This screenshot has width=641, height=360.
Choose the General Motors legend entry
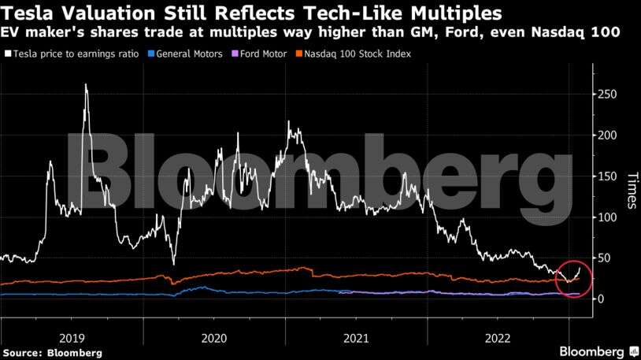tap(189, 54)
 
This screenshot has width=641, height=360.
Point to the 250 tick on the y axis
tap(604, 95)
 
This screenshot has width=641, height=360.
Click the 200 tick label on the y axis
tap(604, 135)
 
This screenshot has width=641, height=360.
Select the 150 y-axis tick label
tap(604, 176)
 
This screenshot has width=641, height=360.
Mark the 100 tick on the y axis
tap(604, 217)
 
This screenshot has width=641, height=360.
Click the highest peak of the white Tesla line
tap(86, 84)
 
